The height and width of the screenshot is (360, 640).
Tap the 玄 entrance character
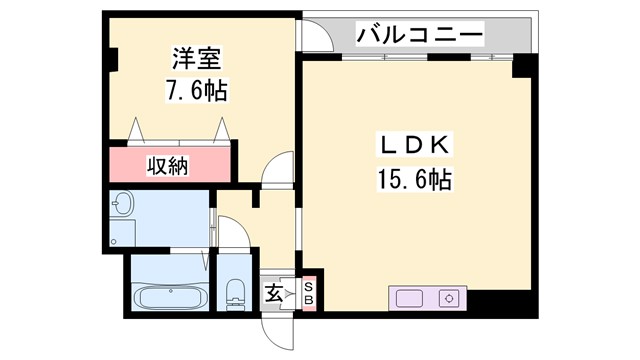(x=273, y=293)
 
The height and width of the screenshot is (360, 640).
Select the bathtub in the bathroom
(x=170, y=296)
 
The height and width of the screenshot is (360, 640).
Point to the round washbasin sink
(x=121, y=203)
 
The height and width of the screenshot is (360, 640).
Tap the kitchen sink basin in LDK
(x=411, y=298)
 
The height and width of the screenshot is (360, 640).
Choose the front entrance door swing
(x=276, y=329)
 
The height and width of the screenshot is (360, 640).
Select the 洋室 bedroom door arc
(x=277, y=170)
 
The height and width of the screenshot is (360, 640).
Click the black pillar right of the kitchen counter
(x=501, y=300)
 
